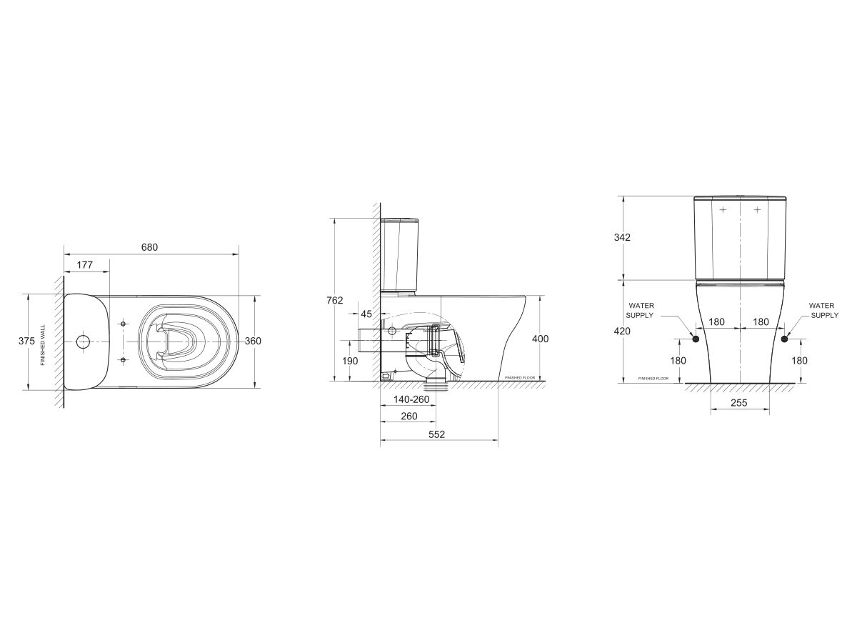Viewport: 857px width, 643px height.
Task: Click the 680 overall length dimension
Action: click(x=149, y=247)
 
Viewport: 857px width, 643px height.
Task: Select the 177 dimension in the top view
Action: click(x=84, y=265)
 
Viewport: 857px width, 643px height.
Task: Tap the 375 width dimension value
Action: click(x=26, y=342)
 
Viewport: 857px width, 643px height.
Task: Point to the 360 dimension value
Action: click(x=253, y=342)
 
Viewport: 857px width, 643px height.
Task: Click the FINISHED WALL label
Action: click(x=43, y=344)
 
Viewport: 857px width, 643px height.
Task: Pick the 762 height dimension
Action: click(x=335, y=300)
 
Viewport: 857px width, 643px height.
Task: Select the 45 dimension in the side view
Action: click(x=366, y=314)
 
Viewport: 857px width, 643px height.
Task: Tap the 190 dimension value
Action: click(x=350, y=361)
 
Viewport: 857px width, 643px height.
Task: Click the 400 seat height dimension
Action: click(x=541, y=339)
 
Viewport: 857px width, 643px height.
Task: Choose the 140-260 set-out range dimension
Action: click(x=410, y=399)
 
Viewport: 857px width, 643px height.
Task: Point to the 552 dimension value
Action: click(x=436, y=434)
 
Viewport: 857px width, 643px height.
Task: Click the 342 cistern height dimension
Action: click(x=622, y=237)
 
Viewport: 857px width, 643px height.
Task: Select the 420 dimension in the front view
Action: click(x=622, y=331)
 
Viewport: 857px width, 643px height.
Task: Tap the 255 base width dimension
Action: click(x=739, y=403)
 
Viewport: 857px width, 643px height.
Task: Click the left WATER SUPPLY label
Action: click(x=640, y=310)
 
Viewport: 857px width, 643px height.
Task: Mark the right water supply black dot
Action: click(x=785, y=339)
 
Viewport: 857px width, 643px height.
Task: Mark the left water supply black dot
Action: click(x=695, y=339)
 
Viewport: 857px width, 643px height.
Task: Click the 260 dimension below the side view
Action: click(x=409, y=416)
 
